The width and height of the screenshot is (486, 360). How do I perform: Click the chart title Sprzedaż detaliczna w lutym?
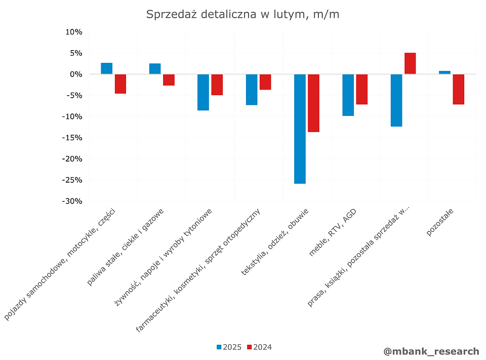(242, 14)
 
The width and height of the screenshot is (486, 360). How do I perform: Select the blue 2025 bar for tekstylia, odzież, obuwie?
(300, 129)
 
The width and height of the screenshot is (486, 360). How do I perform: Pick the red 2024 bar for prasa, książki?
(410, 63)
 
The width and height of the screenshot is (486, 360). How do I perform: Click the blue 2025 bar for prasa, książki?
(396, 100)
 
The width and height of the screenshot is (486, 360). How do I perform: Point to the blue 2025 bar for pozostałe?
(444, 72)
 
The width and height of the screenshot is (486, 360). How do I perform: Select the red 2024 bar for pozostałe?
(459, 89)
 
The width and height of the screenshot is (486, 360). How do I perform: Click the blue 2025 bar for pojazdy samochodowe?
(107, 68)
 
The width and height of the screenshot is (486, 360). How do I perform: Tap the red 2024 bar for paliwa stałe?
(169, 79)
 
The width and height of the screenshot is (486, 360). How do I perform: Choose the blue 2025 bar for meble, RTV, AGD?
(348, 95)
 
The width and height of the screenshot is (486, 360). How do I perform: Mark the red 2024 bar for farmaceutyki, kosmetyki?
(265, 82)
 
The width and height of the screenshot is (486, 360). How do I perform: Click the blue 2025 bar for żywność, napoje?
(203, 92)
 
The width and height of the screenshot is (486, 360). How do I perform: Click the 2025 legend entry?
(229, 347)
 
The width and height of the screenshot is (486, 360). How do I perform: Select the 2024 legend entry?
(259, 347)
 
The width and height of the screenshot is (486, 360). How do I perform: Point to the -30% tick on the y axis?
(72, 201)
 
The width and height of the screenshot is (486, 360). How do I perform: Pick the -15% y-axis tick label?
(72, 138)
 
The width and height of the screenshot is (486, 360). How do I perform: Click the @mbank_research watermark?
(431, 351)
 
